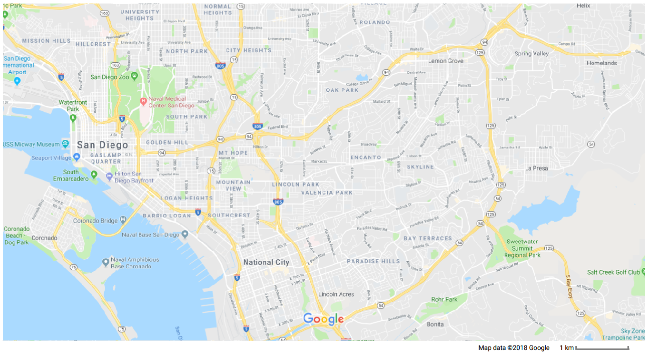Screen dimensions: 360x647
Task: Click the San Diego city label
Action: (102, 145)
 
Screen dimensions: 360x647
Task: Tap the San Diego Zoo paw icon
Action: (134, 76)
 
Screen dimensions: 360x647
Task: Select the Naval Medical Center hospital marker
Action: (143, 101)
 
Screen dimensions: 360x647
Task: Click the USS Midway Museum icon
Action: (65, 144)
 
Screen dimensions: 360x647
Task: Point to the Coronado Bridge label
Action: (96, 221)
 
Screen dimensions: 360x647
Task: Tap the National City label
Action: (266, 262)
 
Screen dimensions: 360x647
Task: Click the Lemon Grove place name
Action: (446, 61)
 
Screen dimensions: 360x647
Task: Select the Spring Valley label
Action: (531, 53)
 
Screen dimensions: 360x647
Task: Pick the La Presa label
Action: (536, 168)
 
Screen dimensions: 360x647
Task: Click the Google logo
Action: (323, 319)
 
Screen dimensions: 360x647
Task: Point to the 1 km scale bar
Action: (601, 348)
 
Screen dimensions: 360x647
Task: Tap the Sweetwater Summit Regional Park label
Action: (523, 248)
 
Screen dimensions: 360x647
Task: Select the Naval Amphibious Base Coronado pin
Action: (105, 262)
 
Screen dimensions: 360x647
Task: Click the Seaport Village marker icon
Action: (77, 157)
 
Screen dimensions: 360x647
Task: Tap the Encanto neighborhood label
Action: (365, 157)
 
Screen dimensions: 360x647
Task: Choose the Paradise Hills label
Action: (373, 261)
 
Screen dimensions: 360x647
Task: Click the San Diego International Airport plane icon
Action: (18, 81)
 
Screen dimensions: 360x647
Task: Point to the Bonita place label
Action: (436, 324)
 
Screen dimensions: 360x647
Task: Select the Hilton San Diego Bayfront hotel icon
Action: (110, 176)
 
